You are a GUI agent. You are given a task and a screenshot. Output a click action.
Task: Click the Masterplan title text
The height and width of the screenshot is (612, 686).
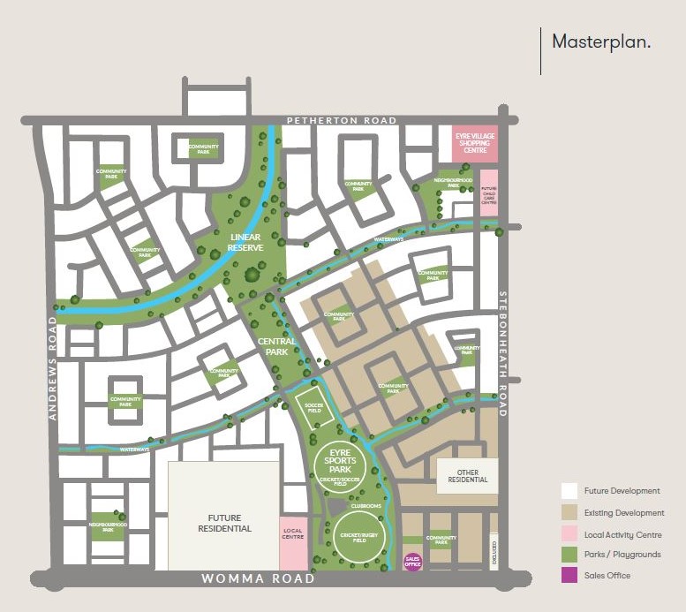click(x=601, y=42)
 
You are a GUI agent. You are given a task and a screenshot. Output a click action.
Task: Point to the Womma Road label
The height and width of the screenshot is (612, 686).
click(x=258, y=579)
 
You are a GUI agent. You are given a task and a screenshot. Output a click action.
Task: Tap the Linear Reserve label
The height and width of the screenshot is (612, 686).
click(x=246, y=242)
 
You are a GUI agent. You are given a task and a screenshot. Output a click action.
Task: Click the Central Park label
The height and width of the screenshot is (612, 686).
click(x=275, y=346)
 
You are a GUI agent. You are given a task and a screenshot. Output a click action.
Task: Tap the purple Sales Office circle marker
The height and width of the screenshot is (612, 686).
click(x=412, y=562)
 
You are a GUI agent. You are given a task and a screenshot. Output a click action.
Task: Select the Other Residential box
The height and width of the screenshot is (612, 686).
click(x=467, y=476)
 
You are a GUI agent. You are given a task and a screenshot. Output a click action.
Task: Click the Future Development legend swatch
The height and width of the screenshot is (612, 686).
click(x=569, y=491)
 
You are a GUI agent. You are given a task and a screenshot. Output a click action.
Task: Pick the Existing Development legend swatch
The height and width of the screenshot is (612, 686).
click(x=569, y=512)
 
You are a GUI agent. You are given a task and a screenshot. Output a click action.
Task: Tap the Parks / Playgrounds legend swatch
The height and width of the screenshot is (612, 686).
click(x=569, y=555)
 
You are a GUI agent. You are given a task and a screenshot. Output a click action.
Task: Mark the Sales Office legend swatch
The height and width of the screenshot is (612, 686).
click(x=569, y=576)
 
